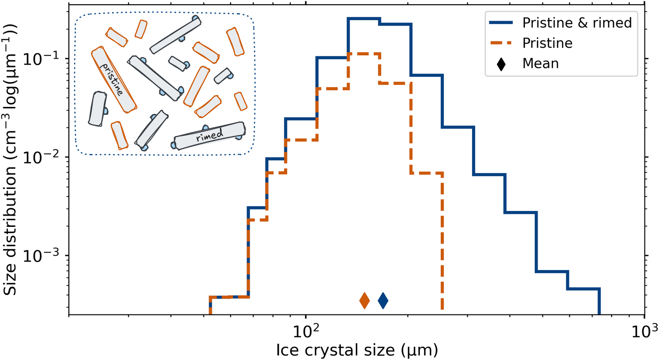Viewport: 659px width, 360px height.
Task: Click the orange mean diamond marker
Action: point(365,300)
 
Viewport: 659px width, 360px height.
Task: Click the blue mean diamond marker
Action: point(383,300)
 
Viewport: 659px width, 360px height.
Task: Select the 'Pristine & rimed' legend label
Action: point(577,23)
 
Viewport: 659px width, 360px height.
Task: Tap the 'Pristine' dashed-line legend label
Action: point(547,43)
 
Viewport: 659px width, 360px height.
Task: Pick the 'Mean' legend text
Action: point(540,63)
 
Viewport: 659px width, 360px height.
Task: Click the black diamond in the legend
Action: point(502,63)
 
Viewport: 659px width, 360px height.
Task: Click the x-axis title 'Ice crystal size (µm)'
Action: point(357,349)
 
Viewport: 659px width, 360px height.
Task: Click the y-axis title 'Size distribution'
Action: point(11,159)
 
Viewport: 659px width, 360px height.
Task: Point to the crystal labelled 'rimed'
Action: point(210,136)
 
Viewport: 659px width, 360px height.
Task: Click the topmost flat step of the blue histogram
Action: point(364,18)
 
